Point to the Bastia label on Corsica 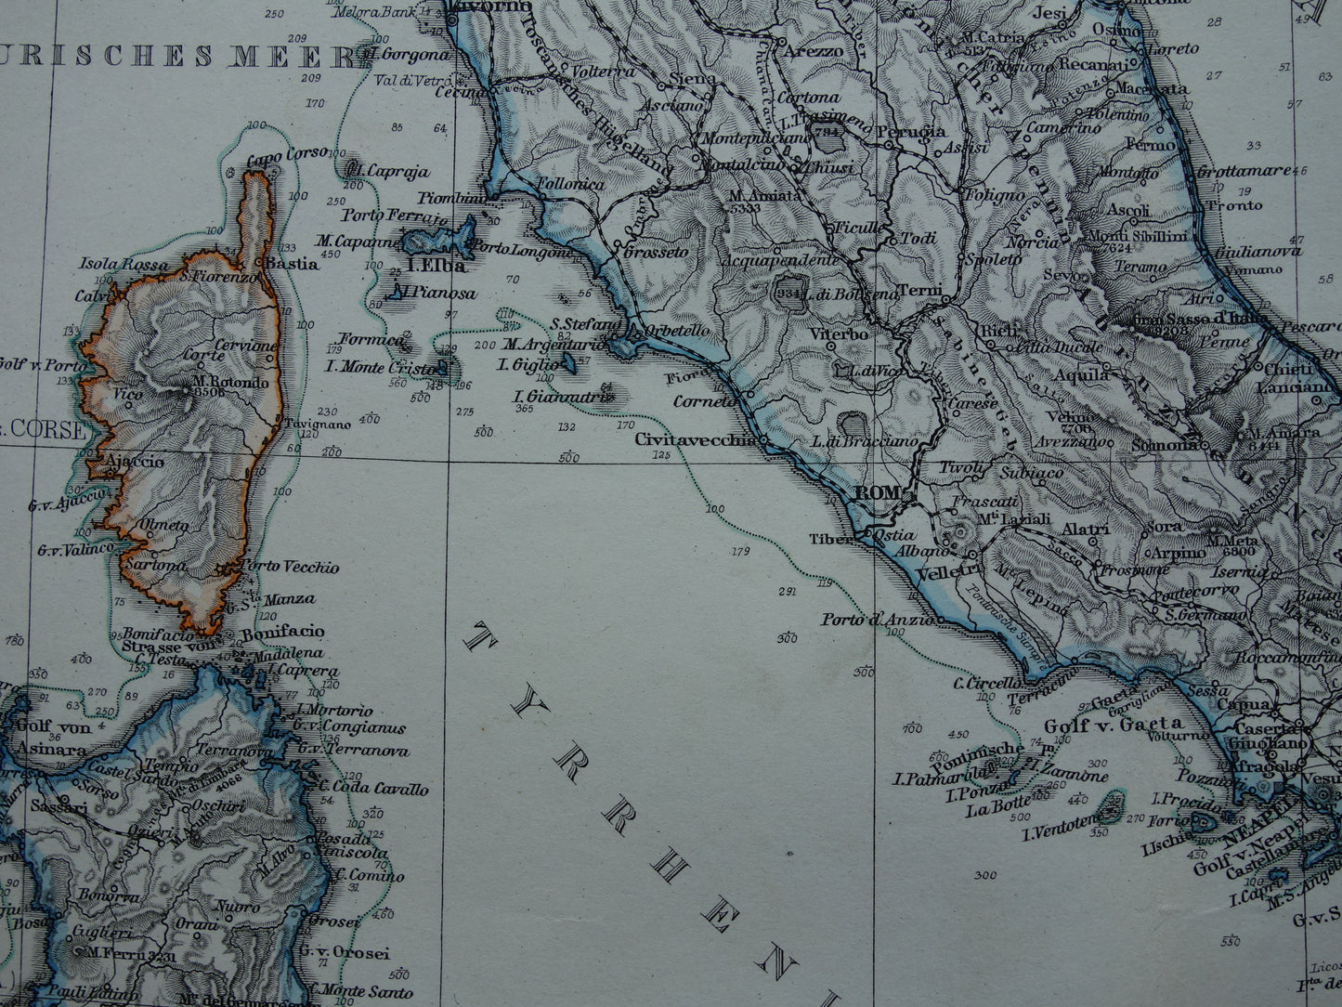(292, 264)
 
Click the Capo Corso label (277, 161)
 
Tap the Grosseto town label (657, 252)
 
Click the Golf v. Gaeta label (1114, 724)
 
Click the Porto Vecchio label (290, 567)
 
